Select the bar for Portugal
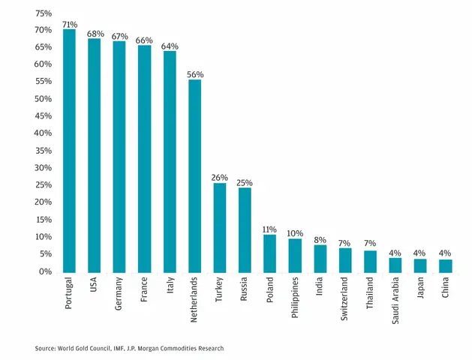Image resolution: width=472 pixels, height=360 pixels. [69, 151]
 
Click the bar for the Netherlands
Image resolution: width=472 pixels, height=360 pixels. [195, 176]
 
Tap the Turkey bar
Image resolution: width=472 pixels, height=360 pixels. [220, 228]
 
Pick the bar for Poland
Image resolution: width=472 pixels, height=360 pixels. [269, 253]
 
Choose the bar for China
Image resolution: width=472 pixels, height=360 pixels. [446, 266]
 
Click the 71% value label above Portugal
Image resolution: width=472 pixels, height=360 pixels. [70, 24]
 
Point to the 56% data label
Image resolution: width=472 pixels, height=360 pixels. [195, 74]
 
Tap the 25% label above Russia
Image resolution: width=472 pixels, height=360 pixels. [245, 183]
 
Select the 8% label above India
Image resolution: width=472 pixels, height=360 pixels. [320, 240]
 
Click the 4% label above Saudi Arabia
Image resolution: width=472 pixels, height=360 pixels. [395, 253]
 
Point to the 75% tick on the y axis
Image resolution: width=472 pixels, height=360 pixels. [44, 13]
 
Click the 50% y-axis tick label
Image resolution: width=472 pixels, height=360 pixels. [44, 99]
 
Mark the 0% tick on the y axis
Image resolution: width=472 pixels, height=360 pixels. [46, 271]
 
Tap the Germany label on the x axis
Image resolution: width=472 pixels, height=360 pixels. [119, 294]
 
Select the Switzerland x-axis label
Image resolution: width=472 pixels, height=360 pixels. [344, 299]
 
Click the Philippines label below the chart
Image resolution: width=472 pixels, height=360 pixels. [295, 298]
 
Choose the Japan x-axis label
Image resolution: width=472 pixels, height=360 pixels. [420, 288]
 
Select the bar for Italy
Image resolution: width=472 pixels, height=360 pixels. [170, 162]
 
